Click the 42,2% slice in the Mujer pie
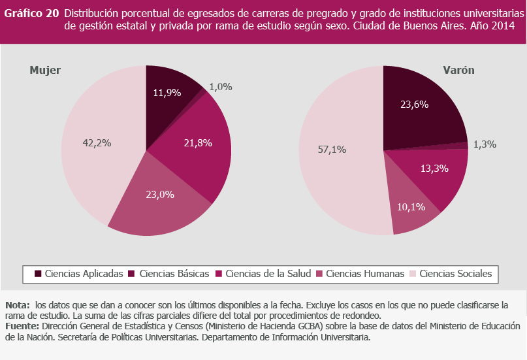pyautogui.click(x=95, y=144)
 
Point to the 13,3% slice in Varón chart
pyautogui.click(x=434, y=171)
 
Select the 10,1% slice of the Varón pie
pyautogui.click(x=411, y=209)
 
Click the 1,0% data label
pyautogui.click(x=221, y=86)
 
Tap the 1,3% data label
pyautogui.click(x=484, y=144)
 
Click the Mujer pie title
pyautogui.click(x=45, y=71)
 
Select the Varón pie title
pyautogui.click(x=458, y=71)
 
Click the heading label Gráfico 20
pyautogui.click(x=32, y=13)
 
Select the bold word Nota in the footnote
pyautogui.click(x=18, y=305)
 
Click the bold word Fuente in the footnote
pyautogui.click(x=22, y=325)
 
